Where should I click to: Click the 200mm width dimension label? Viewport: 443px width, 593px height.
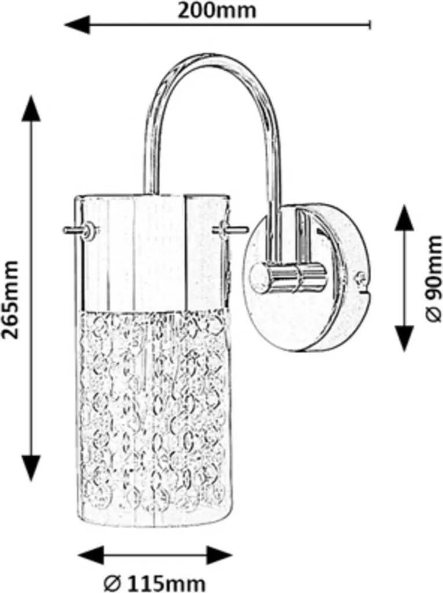(x=217, y=10)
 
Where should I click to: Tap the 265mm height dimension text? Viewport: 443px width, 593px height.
(x=10, y=300)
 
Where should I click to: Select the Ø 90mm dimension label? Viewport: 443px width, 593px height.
(x=433, y=279)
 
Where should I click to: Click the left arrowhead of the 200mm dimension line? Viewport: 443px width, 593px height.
(x=78, y=25)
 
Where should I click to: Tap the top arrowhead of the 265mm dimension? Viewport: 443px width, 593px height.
(x=30, y=108)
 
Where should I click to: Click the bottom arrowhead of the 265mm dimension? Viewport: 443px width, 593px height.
(x=30, y=467)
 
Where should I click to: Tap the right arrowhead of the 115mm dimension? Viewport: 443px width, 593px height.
(x=219, y=555)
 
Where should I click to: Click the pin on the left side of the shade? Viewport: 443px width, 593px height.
(x=78, y=230)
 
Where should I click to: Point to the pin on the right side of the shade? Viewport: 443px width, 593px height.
(x=231, y=229)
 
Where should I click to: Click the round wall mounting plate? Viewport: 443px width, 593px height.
(x=306, y=279)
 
